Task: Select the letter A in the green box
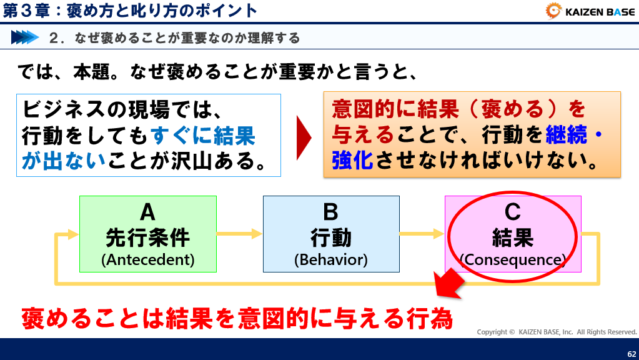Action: (x=147, y=212)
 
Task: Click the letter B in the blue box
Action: (x=330, y=212)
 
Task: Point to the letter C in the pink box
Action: (x=512, y=212)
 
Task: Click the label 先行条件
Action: (x=148, y=237)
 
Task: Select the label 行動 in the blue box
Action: (x=331, y=237)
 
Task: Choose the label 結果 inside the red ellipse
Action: (x=513, y=237)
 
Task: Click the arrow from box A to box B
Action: (x=240, y=234)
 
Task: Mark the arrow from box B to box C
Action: (x=422, y=234)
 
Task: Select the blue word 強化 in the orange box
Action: (x=353, y=160)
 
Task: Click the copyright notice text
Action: (x=557, y=332)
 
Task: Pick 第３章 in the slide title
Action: (x=26, y=11)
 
